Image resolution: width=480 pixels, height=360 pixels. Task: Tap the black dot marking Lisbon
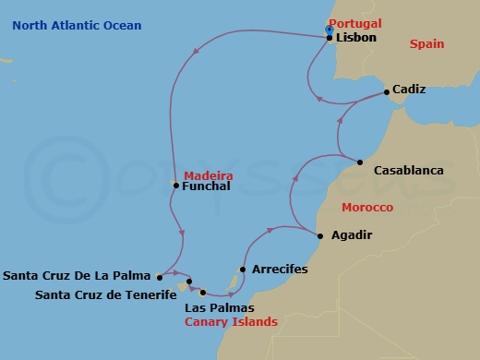[330, 39]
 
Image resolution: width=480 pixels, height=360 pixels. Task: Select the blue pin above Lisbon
[330, 30]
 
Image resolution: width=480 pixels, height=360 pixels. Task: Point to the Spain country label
[427, 43]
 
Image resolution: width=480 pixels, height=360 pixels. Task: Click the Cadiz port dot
[386, 90]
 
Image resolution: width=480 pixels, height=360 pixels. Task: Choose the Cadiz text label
[409, 90]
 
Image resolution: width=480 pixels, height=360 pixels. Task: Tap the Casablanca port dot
[360, 162]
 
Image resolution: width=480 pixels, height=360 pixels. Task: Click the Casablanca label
[408, 171]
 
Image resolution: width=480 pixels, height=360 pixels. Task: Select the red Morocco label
[367, 208]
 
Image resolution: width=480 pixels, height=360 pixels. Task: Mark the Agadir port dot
[320, 235]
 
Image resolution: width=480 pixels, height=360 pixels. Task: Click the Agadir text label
[352, 235]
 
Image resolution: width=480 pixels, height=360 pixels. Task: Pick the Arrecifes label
[279, 269]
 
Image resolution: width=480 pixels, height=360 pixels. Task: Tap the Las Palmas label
[220, 307]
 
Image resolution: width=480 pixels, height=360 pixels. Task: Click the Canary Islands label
[231, 322]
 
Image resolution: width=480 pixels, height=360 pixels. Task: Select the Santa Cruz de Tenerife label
[105, 295]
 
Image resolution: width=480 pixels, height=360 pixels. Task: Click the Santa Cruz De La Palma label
[78, 275]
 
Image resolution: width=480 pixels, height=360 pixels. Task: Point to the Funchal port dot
[175, 186]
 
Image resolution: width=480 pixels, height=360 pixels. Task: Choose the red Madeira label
[209, 175]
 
